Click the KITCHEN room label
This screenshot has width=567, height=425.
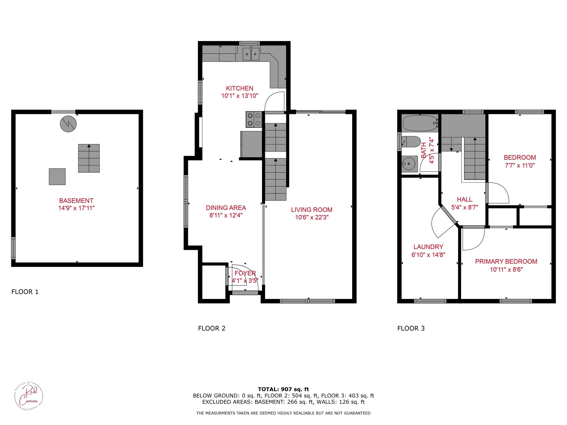coord(240,88)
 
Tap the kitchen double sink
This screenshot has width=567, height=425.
coord(251,54)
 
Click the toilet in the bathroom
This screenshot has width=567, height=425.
coord(411,142)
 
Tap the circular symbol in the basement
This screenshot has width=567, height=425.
coord(68,124)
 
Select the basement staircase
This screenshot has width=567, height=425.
coord(89,158)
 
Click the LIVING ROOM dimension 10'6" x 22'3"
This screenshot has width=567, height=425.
coord(312,217)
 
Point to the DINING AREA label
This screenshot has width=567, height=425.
coord(226,208)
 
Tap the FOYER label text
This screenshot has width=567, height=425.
coord(245,273)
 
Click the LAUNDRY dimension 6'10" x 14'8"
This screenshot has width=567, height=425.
coord(428,255)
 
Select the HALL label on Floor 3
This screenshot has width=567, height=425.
coord(465,199)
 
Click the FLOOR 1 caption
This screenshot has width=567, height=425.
coord(25,292)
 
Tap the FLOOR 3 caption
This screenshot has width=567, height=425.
coord(411,328)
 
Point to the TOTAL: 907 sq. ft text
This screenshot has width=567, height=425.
coord(283,389)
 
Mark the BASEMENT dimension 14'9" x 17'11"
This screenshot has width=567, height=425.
coord(76,208)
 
